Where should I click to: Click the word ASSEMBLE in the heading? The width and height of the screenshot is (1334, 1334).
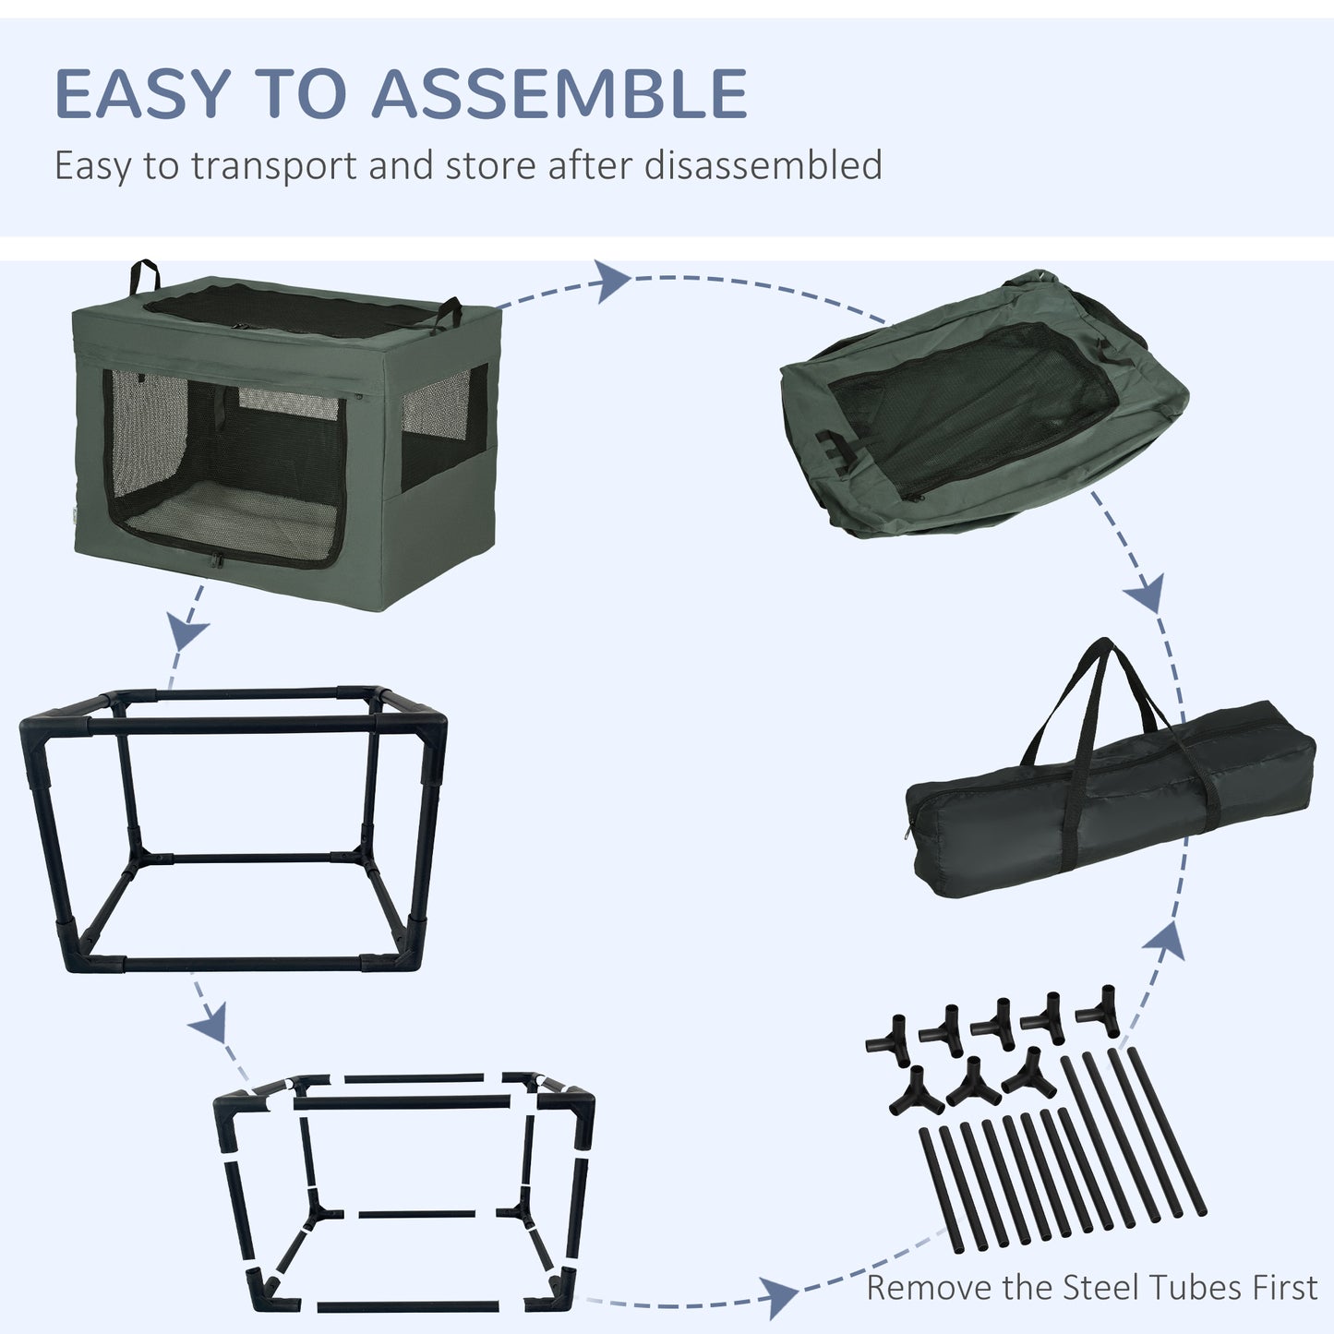pos(559,93)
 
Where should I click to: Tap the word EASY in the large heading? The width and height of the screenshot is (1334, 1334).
pos(142,93)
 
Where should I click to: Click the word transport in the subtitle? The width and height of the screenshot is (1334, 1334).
pos(274,167)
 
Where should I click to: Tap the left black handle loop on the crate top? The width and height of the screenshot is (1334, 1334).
pos(144,277)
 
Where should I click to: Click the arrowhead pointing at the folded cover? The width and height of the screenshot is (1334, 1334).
pos(613,282)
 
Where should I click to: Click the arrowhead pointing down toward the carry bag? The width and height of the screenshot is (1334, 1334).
pos(1146,593)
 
